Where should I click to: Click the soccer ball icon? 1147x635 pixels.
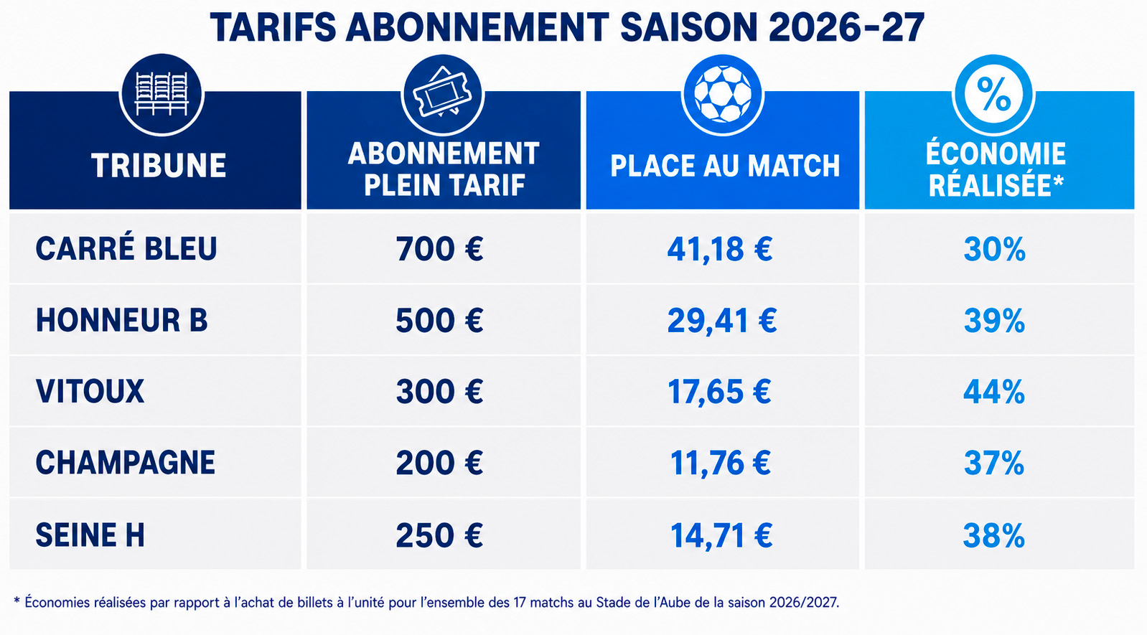[x=723, y=95]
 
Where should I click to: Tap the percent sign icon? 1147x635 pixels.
[x=993, y=95]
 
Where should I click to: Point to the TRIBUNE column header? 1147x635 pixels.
[x=159, y=166]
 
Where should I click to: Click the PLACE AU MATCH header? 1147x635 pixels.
[x=725, y=166]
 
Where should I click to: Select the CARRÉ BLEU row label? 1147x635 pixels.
[x=126, y=248]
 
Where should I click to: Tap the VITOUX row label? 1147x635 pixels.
[x=90, y=392]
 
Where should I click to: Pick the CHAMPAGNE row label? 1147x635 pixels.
[x=126, y=463]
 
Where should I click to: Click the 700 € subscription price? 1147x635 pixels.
[x=439, y=249]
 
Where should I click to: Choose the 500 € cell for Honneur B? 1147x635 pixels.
[x=439, y=321]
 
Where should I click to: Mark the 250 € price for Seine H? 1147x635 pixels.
[x=439, y=536]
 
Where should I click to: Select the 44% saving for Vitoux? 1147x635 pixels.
[x=994, y=392]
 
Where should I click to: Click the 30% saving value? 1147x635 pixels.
[x=994, y=250]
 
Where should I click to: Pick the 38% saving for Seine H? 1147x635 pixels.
[x=994, y=536]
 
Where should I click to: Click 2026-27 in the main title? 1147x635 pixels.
[x=846, y=27]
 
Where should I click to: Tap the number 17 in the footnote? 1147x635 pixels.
[x=519, y=602]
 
